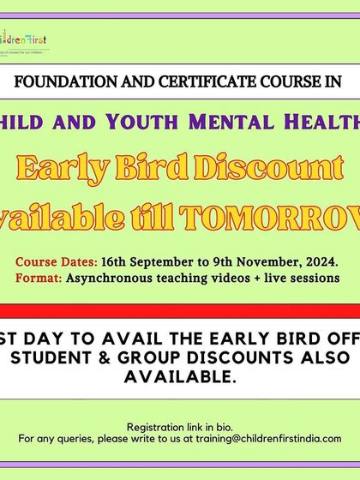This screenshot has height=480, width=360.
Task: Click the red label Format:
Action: click(x=38, y=279)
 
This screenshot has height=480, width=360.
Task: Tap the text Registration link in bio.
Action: click(x=179, y=427)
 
